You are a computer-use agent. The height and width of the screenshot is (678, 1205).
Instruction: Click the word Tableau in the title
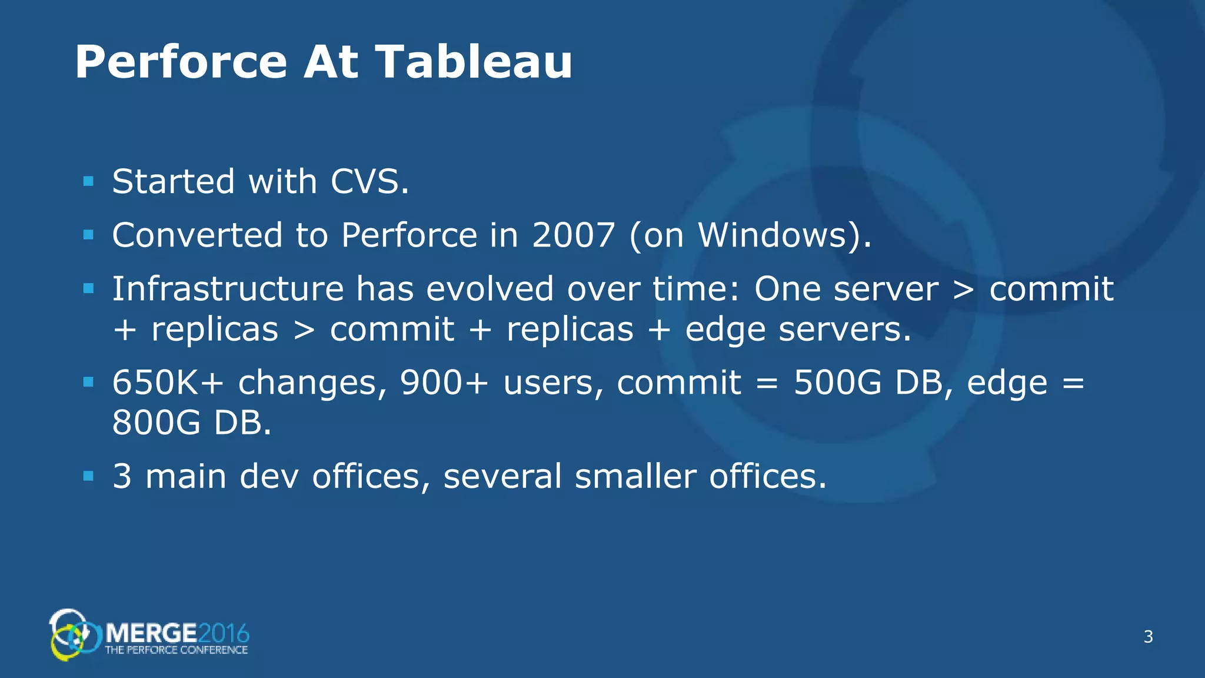[474, 62]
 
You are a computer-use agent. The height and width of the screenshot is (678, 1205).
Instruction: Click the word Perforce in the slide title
[181, 62]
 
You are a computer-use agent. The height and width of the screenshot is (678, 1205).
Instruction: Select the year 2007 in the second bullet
[574, 235]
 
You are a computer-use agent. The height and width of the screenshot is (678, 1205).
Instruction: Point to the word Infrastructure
[228, 288]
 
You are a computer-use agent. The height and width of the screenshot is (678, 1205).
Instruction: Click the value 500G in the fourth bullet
[837, 383]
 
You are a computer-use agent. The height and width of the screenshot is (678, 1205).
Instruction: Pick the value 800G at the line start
[156, 423]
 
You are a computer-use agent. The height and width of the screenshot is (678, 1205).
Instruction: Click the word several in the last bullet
[502, 476]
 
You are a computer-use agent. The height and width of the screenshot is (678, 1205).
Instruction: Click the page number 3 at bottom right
[1148, 637]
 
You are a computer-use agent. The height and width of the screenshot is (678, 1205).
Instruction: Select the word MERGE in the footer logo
[151, 634]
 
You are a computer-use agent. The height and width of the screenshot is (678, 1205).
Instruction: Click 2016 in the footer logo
[224, 634]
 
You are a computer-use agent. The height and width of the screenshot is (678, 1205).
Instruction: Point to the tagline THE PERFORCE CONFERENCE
[176, 650]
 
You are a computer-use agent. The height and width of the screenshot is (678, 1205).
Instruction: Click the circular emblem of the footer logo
[69, 636]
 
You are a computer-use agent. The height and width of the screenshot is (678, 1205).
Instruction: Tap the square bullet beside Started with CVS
[89, 181]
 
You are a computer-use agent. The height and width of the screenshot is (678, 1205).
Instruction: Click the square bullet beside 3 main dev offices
[89, 476]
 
